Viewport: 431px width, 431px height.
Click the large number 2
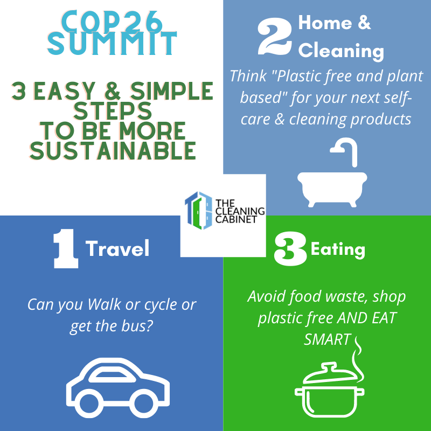pyautogui.click(x=274, y=36)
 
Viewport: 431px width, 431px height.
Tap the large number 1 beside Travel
pyautogui.click(x=65, y=248)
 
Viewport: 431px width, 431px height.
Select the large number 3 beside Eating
pyautogui.click(x=290, y=249)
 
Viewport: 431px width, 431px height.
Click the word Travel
pyautogui.click(x=117, y=248)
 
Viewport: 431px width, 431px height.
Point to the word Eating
pyautogui.click(x=338, y=249)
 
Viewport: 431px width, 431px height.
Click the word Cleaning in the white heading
pyautogui.click(x=341, y=51)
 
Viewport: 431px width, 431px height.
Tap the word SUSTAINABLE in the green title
pyautogui.click(x=113, y=151)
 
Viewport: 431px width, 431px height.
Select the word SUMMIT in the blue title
pyautogui.click(x=112, y=43)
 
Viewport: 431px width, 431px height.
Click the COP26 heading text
pyautogui.click(x=112, y=22)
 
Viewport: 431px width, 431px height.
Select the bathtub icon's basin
pyautogui.click(x=332, y=189)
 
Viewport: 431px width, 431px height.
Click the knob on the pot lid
pyautogui.click(x=329, y=367)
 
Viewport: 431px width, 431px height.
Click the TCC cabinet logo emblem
pyautogui.click(x=198, y=210)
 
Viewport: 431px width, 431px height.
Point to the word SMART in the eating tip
pyautogui.click(x=328, y=340)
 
